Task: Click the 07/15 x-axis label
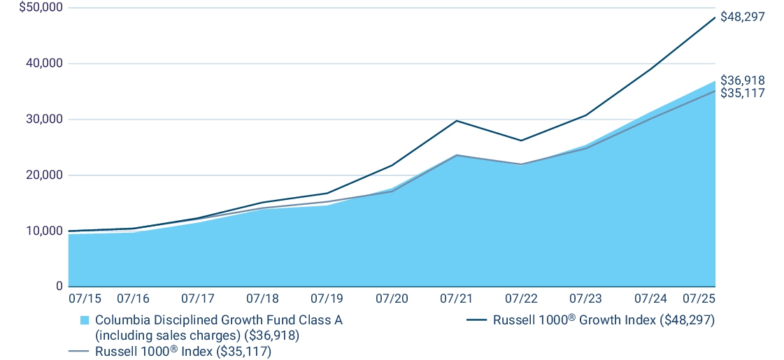(x=85, y=298)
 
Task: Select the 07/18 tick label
(x=262, y=298)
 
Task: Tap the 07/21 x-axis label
(x=456, y=298)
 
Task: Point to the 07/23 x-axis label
(x=585, y=298)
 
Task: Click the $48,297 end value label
(x=743, y=17)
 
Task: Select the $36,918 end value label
(x=743, y=80)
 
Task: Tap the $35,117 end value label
(x=743, y=93)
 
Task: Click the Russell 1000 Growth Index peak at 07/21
(x=456, y=120)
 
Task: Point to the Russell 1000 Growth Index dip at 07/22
(x=521, y=141)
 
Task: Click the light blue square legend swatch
(x=85, y=320)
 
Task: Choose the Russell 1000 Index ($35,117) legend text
(x=183, y=352)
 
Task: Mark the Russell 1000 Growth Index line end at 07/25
(x=715, y=17)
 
